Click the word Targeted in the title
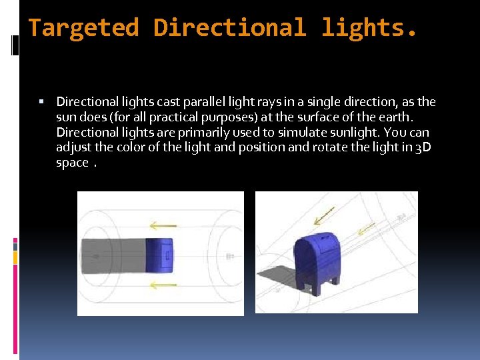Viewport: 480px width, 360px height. (x=83, y=28)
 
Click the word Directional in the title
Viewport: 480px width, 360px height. (x=230, y=28)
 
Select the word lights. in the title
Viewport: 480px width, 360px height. (x=371, y=28)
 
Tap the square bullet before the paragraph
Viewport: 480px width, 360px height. (x=41, y=102)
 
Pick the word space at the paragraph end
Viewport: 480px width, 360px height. (x=72, y=163)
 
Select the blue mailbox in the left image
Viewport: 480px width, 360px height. (x=159, y=255)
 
